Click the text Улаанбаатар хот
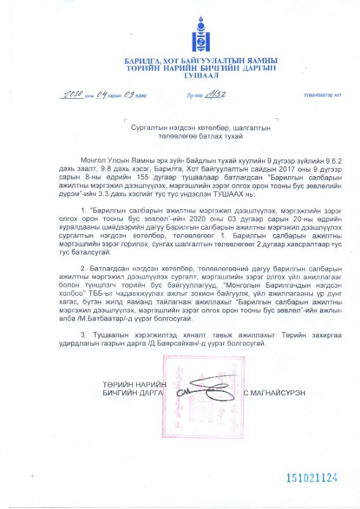pos(322,95)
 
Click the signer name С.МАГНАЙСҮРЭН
pos(274,393)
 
